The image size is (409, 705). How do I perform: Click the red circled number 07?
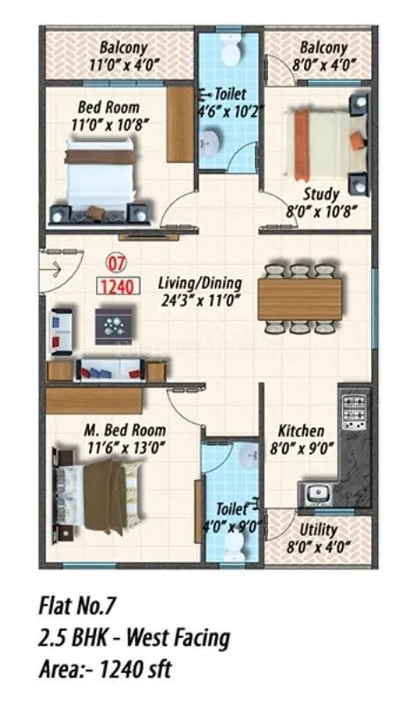pyautogui.click(x=115, y=262)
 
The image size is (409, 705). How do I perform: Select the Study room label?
pyautogui.click(x=321, y=194)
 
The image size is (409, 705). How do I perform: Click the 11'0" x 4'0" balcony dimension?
pyautogui.click(x=123, y=63)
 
